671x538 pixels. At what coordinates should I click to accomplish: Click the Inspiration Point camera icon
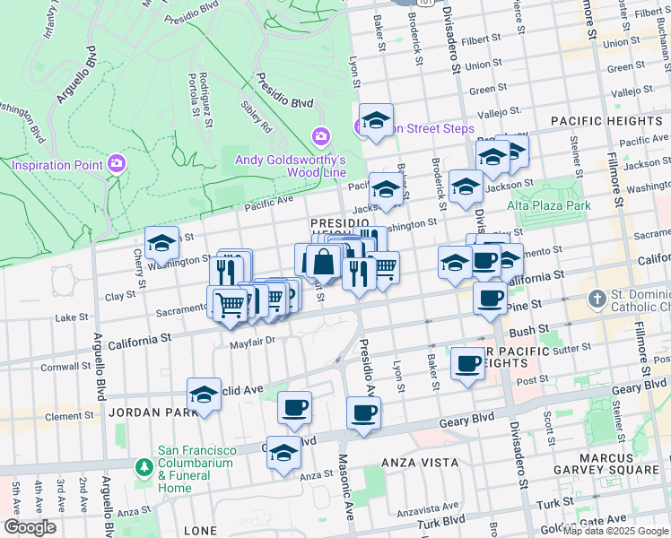116,163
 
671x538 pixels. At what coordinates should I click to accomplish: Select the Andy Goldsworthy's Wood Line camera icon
320,136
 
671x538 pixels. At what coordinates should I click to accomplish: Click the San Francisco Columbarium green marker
143,467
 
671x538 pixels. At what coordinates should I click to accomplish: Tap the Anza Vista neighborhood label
420,464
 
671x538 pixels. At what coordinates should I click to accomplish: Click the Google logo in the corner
30,527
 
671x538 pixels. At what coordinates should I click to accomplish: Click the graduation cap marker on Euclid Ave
204,394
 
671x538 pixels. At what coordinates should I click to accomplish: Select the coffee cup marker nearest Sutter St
466,363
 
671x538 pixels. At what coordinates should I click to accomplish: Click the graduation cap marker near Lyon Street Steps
377,119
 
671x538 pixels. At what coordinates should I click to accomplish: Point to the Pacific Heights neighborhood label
606,121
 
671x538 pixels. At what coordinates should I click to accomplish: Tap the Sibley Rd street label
256,117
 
